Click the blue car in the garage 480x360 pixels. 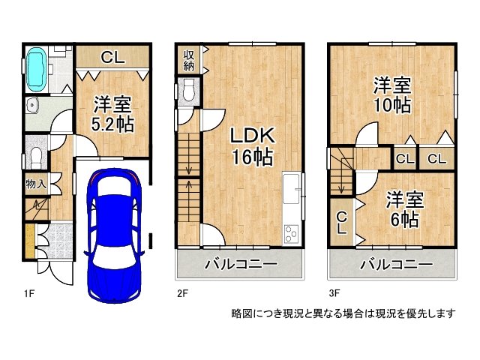pos(114,235)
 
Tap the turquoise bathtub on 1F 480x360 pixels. pos(37,70)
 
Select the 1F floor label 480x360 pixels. pos(29,293)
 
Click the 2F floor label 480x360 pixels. pos(182,293)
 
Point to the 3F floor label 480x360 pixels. pos(334,293)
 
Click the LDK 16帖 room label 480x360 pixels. pos(252,147)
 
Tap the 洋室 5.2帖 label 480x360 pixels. pos(112,114)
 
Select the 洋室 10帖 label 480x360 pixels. pos(391,95)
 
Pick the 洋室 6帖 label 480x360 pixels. pos(404,210)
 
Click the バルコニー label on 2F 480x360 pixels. pos(241,264)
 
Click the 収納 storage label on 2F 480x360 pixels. pos(188,60)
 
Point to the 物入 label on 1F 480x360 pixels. pos(36,184)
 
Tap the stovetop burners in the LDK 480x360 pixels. pos(291,233)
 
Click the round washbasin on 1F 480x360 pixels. pos(31,106)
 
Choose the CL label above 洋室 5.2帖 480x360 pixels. pos(112,57)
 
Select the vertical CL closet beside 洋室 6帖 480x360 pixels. pos(342,223)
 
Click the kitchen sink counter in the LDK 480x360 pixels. pos(292,188)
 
